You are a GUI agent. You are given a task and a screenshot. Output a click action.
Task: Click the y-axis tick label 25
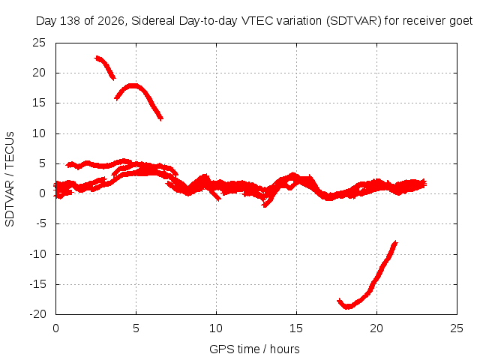(x=39, y=43)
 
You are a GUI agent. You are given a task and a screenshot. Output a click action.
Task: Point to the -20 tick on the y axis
(x=37, y=314)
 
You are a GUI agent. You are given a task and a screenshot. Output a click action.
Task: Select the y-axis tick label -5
(x=41, y=223)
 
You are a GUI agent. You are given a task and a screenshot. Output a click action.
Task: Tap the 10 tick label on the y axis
(x=39, y=133)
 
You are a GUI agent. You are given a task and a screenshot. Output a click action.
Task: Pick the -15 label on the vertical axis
(x=37, y=284)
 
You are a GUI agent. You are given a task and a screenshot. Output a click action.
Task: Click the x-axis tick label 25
(x=457, y=328)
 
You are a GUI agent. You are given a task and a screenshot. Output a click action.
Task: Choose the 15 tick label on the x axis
(x=296, y=328)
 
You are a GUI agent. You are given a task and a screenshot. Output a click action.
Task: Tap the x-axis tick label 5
(x=136, y=328)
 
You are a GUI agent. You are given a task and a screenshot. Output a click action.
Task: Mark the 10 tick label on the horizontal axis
(x=216, y=328)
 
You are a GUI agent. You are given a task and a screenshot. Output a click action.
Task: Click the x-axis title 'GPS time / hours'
(x=254, y=349)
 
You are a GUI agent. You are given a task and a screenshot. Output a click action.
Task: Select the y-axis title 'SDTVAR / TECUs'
(x=10, y=179)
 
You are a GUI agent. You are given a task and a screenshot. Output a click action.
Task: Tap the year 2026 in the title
(x=111, y=21)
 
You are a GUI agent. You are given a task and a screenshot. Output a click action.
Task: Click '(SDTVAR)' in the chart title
(x=353, y=21)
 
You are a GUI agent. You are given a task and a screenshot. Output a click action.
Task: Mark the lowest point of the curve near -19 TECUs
(x=347, y=307)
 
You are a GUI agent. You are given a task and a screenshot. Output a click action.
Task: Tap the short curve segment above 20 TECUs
(x=105, y=67)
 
